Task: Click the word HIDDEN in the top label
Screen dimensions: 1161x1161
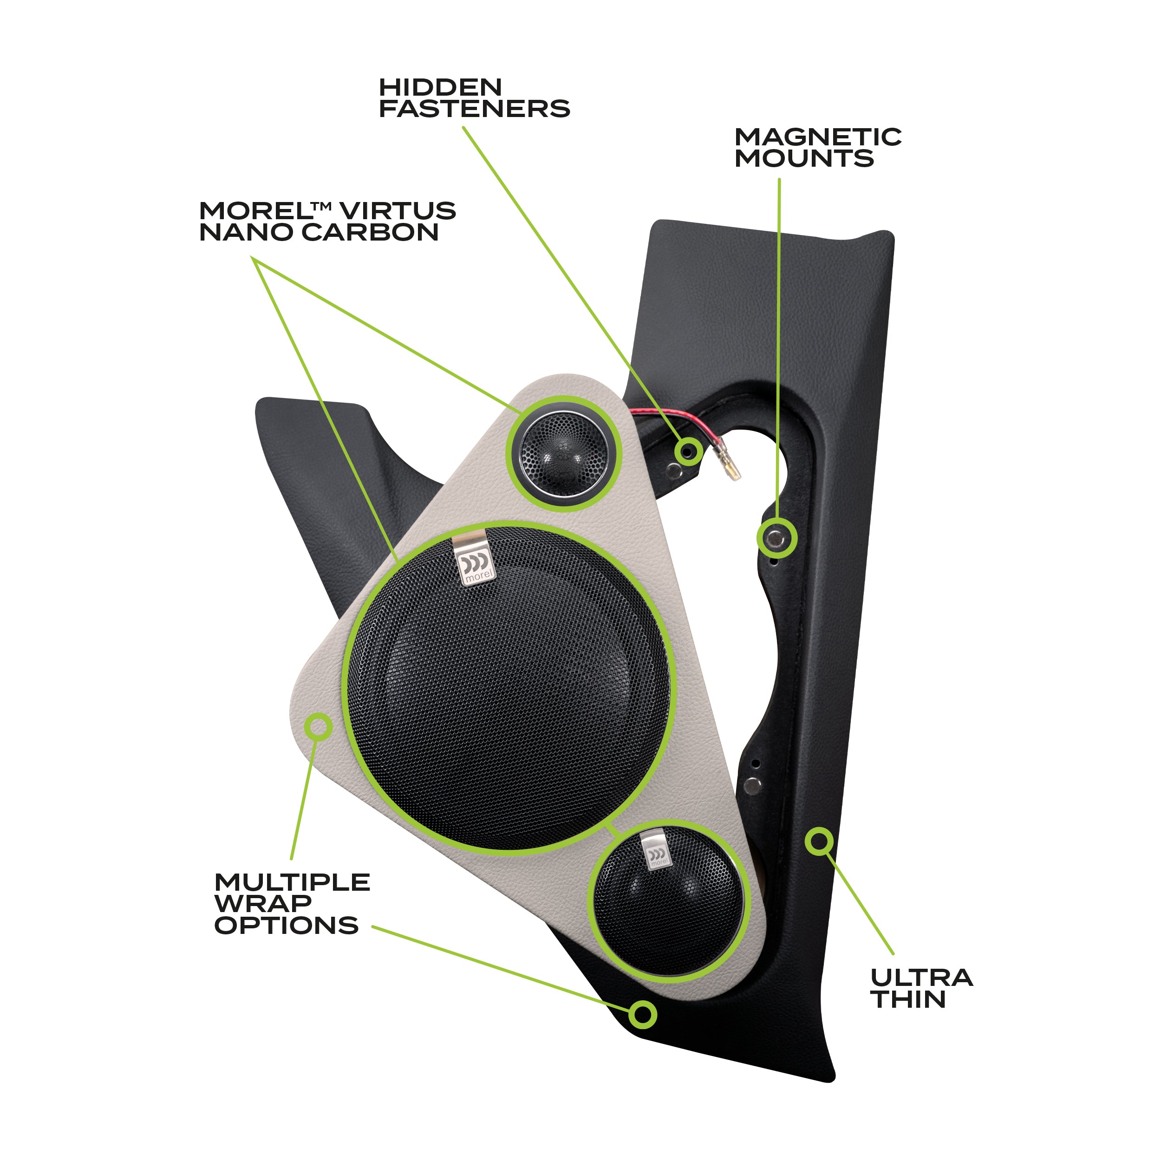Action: pyautogui.click(x=440, y=88)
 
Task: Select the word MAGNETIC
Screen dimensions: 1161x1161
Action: pyautogui.click(x=817, y=137)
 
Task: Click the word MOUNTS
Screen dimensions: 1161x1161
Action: pyautogui.click(x=804, y=159)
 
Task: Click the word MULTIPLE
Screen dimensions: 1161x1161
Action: pyautogui.click(x=292, y=883)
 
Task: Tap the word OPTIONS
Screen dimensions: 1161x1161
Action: pyautogui.click(x=286, y=926)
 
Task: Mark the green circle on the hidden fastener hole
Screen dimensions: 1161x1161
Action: pyautogui.click(x=687, y=450)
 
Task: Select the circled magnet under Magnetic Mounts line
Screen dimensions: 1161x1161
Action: pyautogui.click(x=776, y=538)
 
